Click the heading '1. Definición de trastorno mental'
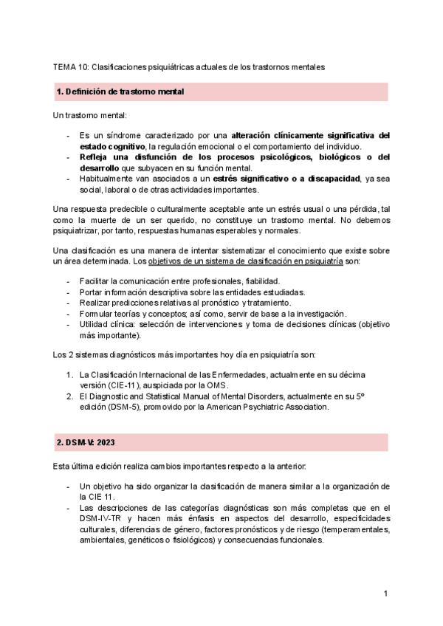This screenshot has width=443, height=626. tap(120, 92)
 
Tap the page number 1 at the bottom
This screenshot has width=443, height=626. tap(385, 594)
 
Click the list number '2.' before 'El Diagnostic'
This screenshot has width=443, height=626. tap(69, 396)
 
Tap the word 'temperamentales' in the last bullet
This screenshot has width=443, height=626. tap(353, 529)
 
